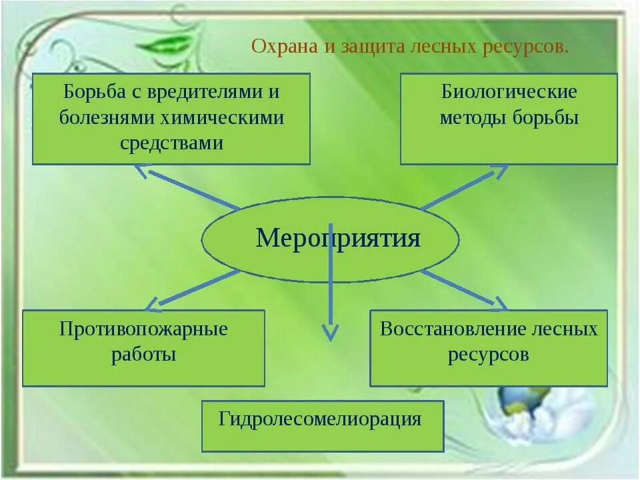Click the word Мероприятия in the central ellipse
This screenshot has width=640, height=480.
(x=338, y=238)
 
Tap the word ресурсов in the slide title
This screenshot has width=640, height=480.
(x=531, y=47)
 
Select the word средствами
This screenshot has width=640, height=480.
(x=171, y=143)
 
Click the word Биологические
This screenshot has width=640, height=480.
(x=509, y=91)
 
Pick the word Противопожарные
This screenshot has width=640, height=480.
(x=143, y=329)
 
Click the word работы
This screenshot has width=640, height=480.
(x=143, y=354)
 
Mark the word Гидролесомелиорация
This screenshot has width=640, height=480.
(x=320, y=419)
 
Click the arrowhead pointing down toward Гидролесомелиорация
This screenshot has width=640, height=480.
(x=330, y=332)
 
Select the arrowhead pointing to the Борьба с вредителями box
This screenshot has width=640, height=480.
(x=141, y=171)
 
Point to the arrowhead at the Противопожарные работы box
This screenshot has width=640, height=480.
(x=153, y=304)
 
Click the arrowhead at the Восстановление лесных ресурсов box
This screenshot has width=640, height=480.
(x=499, y=303)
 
